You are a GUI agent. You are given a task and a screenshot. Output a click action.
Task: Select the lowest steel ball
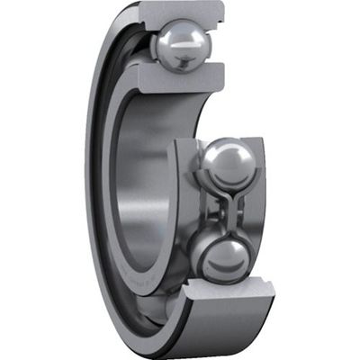pos(219,258)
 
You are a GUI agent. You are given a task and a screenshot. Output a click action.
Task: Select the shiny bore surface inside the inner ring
pos(144,180)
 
